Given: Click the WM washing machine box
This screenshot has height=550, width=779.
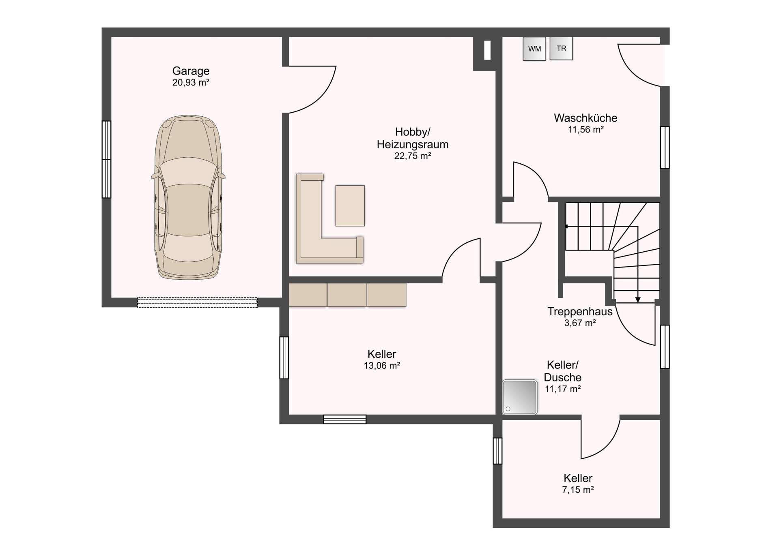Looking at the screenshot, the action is [534, 49].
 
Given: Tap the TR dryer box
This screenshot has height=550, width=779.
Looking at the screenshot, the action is [561, 48].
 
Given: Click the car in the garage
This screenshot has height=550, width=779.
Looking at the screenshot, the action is [188, 197].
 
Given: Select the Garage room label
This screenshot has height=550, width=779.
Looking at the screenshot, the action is [191, 71].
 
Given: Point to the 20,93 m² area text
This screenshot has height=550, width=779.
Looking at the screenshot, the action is [191, 83].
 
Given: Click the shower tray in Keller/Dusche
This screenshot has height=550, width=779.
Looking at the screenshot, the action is [520, 397].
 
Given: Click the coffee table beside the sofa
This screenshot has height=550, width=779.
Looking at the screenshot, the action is [350, 205].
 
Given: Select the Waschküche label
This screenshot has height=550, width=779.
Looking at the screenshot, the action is [585, 118].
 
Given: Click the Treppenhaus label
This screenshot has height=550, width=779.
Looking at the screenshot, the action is [580, 311].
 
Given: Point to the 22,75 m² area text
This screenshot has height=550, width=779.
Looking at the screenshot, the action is [412, 156].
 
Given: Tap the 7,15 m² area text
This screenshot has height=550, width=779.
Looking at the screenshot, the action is [578, 490].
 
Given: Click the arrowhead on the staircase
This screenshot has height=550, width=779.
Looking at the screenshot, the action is [638, 300].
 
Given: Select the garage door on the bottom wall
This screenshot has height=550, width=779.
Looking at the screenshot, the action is [197, 302].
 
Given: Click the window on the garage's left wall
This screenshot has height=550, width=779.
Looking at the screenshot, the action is [106, 159].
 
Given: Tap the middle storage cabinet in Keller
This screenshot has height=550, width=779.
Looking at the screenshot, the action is [347, 295].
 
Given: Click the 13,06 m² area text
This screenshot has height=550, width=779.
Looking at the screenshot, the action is [382, 366].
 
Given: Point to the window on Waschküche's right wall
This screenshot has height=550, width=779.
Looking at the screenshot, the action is [665, 147].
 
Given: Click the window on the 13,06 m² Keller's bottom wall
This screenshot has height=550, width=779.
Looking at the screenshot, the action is [344, 419].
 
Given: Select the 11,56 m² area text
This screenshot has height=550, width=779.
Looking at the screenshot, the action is [585, 130].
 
